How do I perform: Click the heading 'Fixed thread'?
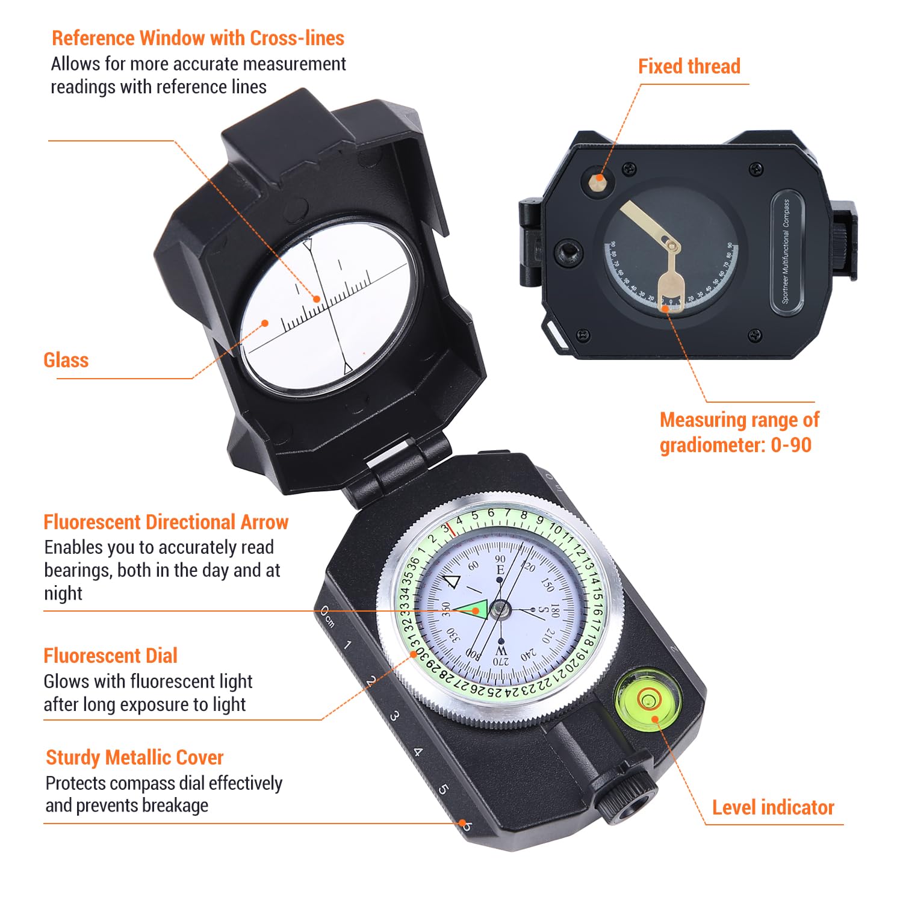click(x=689, y=66)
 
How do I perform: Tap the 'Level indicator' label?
click(x=773, y=807)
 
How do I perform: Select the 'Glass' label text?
click(x=66, y=360)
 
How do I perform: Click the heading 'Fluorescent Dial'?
click(x=110, y=656)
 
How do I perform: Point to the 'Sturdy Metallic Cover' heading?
click(x=134, y=757)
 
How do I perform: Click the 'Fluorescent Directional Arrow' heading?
click(x=166, y=522)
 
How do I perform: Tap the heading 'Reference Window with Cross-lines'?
click(x=197, y=38)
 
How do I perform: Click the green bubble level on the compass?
click(x=648, y=700)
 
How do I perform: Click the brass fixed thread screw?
click(x=598, y=179)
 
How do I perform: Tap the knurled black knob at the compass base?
click(x=626, y=795)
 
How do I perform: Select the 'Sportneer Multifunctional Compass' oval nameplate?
click(x=787, y=252)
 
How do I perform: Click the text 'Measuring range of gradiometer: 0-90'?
click(x=739, y=432)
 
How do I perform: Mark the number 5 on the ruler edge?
click(x=443, y=789)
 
